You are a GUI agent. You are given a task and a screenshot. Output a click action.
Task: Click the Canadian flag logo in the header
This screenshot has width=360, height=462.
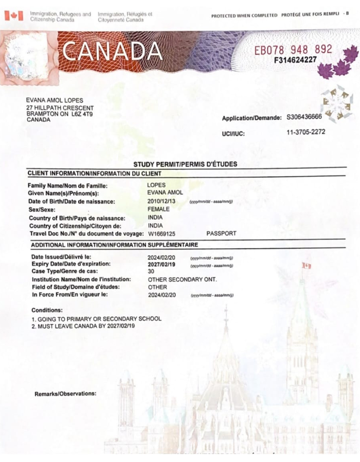(14, 16)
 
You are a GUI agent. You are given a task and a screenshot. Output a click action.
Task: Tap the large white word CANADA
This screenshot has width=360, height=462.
(112, 51)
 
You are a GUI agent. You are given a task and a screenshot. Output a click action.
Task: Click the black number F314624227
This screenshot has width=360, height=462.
(296, 60)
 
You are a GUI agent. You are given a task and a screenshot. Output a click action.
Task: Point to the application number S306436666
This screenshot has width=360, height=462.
(304, 117)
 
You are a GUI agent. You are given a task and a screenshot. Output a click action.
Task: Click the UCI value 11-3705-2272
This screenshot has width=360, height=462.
(306, 132)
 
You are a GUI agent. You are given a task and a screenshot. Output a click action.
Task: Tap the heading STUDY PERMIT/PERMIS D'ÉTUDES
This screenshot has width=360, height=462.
(185, 164)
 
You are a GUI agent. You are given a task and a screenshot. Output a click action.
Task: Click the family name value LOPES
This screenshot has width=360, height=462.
(157, 185)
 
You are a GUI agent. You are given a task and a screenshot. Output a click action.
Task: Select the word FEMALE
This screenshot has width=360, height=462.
(158, 209)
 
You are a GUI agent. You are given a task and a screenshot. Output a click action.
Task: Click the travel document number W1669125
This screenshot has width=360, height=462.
(161, 233)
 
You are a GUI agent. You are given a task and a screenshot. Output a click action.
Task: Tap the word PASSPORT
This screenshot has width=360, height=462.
(221, 233)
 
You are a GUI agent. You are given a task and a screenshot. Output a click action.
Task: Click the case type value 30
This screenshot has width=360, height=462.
(151, 271)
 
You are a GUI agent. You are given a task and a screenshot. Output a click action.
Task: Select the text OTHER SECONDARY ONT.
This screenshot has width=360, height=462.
(182, 280)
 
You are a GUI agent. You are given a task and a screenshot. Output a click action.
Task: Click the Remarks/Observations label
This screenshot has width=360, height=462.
(65, 393)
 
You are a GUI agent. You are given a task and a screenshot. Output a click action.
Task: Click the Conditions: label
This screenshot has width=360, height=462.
(47, 310)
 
